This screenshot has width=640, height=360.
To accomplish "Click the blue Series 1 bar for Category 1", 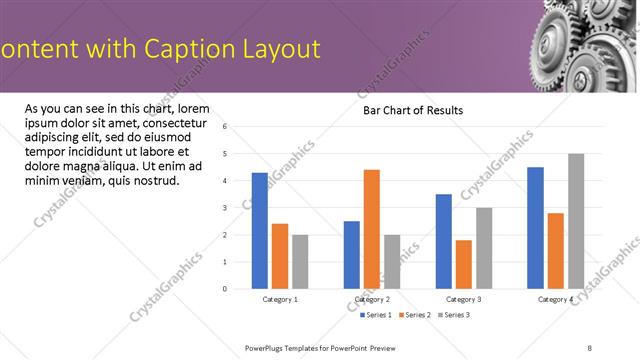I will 260,231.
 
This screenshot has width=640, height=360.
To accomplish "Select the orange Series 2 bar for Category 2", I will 372,229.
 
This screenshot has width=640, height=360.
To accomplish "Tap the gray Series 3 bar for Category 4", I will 576,221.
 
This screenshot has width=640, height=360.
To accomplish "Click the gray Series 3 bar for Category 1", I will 300,262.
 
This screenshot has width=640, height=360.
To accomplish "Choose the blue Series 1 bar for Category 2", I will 352,255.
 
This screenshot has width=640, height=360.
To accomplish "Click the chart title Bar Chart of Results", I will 413,110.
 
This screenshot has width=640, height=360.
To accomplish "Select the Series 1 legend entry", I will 378,315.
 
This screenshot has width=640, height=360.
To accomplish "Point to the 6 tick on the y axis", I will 225,127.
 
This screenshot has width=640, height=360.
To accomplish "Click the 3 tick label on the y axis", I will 225,208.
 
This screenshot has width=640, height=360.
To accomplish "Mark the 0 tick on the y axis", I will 225,289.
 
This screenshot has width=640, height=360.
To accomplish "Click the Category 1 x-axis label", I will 280,300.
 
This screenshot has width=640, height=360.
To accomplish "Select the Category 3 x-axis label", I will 464,300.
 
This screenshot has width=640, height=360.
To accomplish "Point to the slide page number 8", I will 589,347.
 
